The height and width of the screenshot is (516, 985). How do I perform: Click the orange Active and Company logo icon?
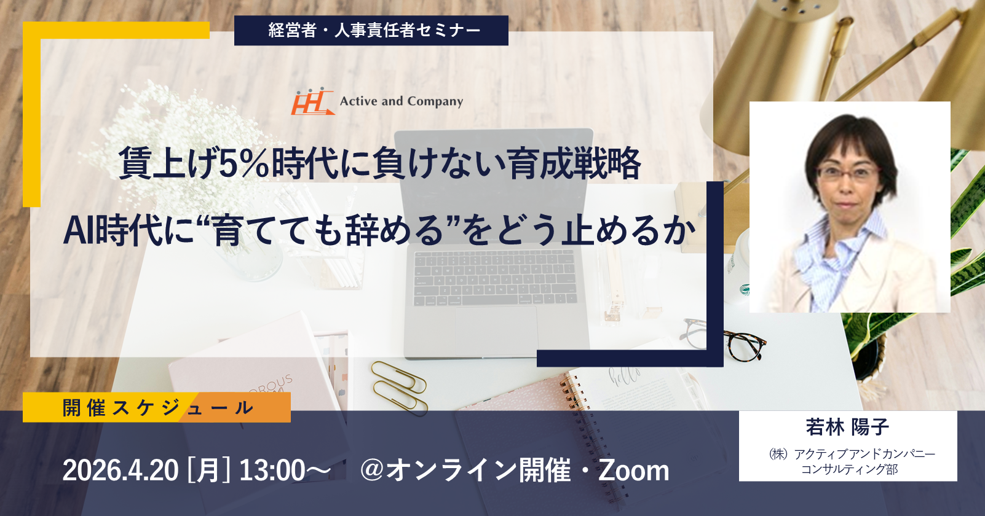[312, 101]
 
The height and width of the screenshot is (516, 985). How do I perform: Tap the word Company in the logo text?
[435, 102]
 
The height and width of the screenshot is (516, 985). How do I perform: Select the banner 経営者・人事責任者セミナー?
[371, 30]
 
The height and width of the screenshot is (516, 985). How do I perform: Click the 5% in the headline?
[244, 163]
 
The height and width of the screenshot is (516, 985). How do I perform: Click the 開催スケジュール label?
[157, 407]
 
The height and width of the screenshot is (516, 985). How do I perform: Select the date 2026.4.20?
[121, 470]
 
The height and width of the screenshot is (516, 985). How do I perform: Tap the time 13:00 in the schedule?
[272, 470]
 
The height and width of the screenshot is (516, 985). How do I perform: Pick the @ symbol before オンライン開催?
[373, 470]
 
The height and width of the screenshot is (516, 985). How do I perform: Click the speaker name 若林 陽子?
[847, 427]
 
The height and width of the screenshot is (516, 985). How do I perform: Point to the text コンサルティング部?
[849, 469]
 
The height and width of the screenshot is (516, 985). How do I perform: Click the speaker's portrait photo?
[850, 207]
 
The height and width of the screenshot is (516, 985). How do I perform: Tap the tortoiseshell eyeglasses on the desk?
[726, 340]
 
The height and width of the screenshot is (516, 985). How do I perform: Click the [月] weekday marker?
[208, 470]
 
